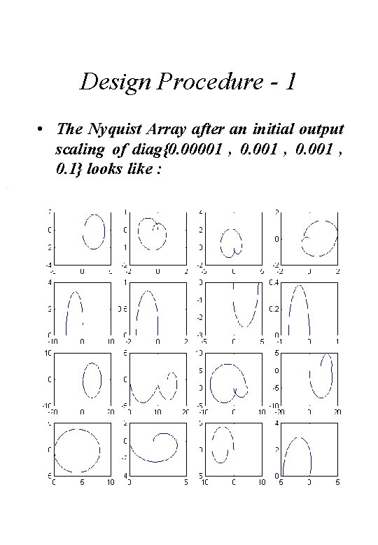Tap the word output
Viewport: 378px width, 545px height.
(319, 130)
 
